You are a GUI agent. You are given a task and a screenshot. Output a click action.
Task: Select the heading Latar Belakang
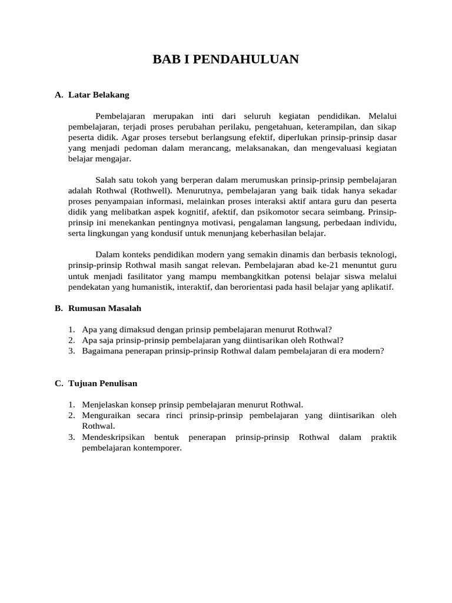pos(99,94)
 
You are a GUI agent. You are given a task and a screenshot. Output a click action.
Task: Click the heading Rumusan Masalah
pos(105,308)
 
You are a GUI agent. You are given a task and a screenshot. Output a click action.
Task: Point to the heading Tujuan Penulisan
pos(103,383)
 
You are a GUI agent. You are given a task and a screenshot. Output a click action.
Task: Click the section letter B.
pos(58,308)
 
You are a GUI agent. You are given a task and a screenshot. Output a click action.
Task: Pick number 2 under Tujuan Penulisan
pos(71,415)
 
